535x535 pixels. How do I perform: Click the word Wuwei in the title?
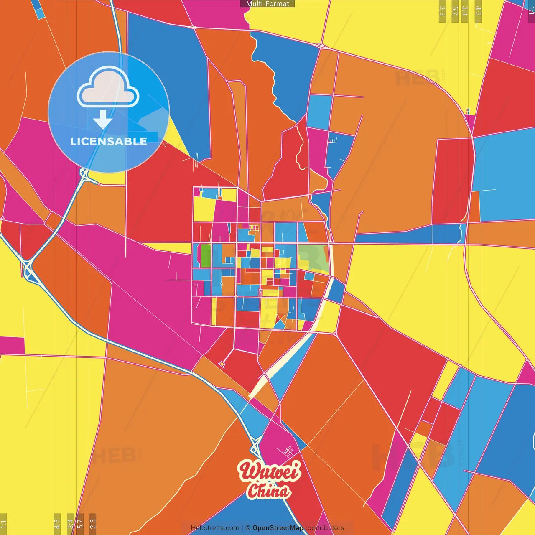270,471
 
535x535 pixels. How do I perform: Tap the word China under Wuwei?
268,491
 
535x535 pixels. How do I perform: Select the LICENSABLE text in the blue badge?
109,141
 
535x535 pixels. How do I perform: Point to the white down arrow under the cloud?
103,120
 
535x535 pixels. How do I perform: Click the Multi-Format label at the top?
267,4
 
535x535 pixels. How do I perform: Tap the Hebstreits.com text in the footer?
215,528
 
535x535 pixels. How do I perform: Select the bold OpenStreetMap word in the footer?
278,528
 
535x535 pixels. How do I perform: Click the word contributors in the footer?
325,528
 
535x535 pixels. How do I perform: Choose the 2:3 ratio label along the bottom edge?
93,524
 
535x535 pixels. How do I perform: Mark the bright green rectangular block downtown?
206,255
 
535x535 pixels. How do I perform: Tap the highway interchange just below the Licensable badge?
85,174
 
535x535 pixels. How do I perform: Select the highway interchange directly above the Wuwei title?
255,449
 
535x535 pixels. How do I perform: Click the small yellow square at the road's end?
222,364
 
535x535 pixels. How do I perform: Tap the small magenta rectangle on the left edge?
12,345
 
